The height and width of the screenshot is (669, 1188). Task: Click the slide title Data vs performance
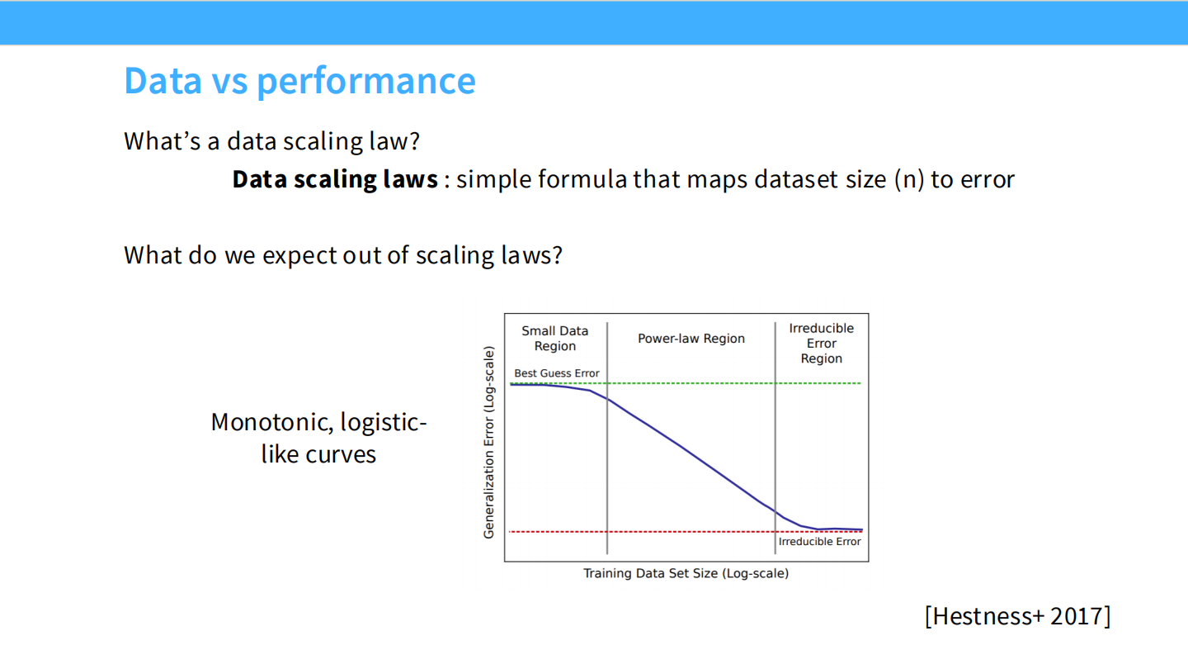pos(299,81)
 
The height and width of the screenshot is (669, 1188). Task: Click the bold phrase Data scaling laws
pos(334,179)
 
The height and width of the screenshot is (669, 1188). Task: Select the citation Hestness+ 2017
pos(1017,616)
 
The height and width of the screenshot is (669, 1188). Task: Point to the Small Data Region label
pos(554,339)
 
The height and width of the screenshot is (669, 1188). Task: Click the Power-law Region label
pos(691,339)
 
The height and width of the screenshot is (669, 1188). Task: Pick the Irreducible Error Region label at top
pos(821,343)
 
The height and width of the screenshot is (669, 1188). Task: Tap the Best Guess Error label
pos(556,373)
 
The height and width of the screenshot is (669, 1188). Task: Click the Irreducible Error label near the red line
pos(819,542)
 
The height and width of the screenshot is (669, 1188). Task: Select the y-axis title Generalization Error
pos(488,443)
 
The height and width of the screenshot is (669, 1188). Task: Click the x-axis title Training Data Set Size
pos(686,573)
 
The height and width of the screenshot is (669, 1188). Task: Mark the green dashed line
pos(726,383)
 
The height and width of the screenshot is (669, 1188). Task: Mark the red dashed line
pos(643,531)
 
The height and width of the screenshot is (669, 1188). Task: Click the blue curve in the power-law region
pos(685,448)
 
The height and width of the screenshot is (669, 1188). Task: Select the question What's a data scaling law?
pos(271,141)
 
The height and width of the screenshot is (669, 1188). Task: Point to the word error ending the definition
pos(987,179)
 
